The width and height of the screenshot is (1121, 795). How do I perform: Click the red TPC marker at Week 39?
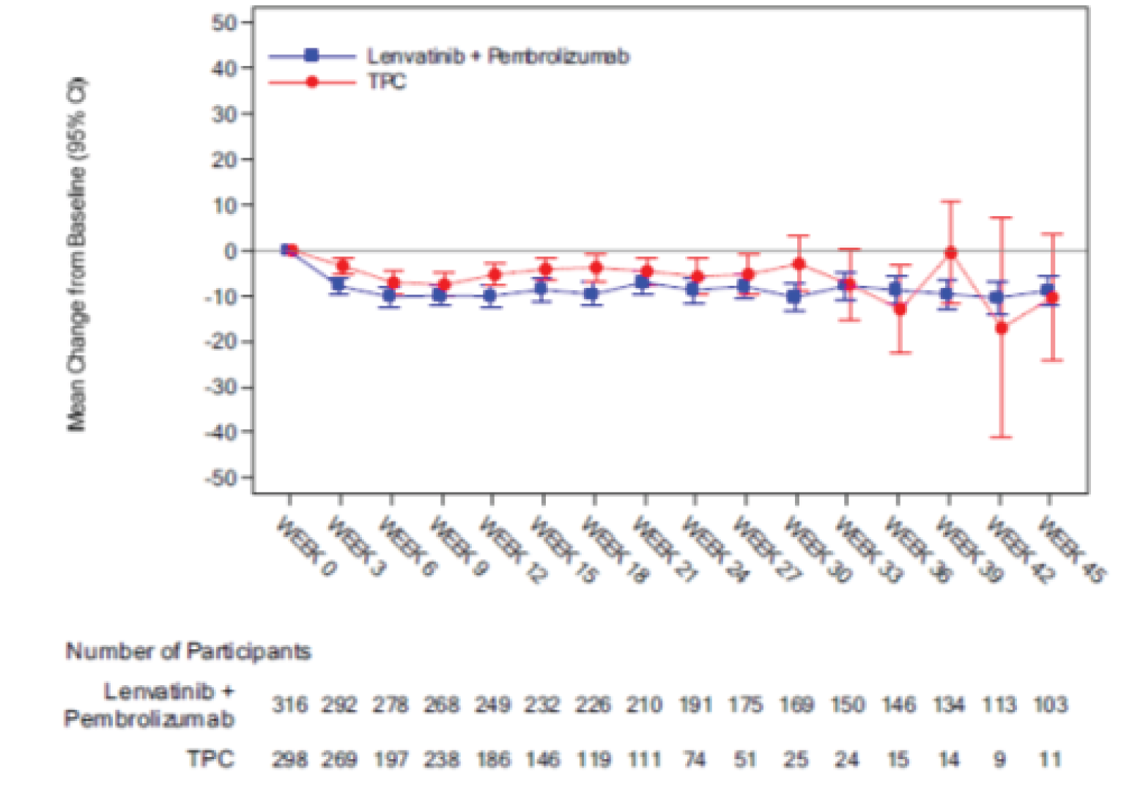pyautogui.click(x=950, y=253)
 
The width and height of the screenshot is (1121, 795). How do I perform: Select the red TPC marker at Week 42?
pyautogui.click(x=1001, y=328)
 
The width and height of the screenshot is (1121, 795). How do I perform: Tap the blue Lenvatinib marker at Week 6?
pyautogui.click(x=390, y=296)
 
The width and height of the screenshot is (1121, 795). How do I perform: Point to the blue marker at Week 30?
pyautogui.click(x=793, y=297)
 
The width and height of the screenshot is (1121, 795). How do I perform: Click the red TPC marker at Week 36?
pyautogui.click(x=900, y=309)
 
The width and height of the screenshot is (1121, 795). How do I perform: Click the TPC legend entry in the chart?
pyautogui.click(x=386, y=81)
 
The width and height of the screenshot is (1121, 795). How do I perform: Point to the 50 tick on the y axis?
pyautogui.click(x=225, y=23)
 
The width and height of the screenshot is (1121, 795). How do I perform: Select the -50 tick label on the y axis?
pyautogui.click(x=222, y=478)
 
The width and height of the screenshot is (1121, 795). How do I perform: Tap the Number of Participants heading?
pyautogui.click(x=188, y=651)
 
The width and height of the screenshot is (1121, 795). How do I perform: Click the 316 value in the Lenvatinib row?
pyautogui.click(x=289, y=705)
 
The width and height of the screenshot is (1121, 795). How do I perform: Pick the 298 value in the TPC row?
pyautogui.click(x=289, y=759)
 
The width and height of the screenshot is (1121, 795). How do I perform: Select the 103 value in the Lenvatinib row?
pyautogui.click(x=1050, y=705)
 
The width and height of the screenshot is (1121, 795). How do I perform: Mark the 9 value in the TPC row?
pyautogui.click(x=999, y=759)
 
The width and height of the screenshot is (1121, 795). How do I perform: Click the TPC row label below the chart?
pyautogui.click(x=210, y=758)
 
